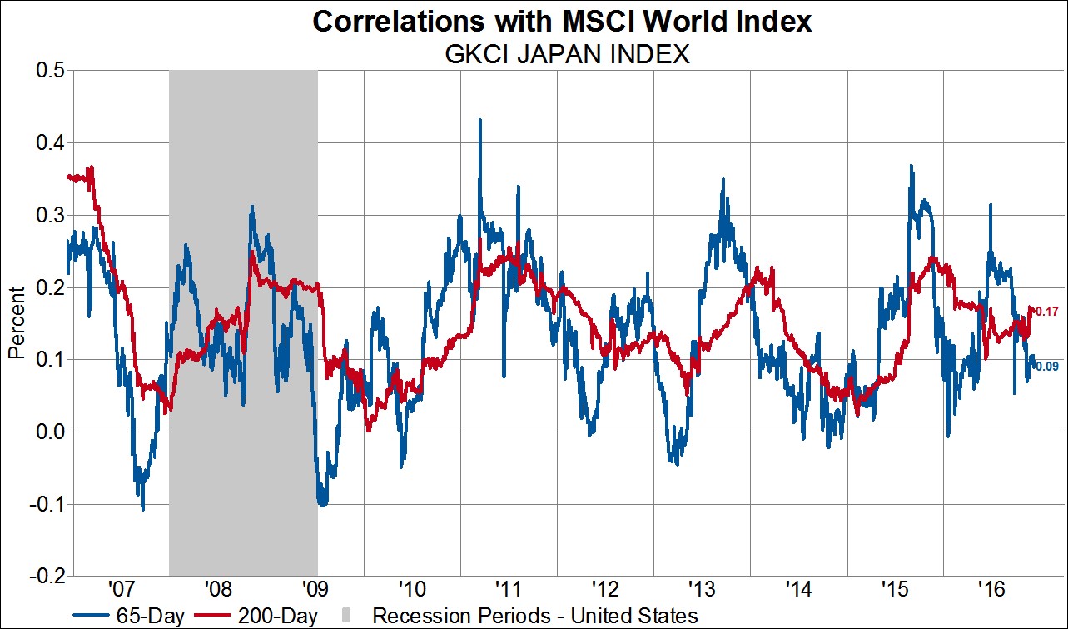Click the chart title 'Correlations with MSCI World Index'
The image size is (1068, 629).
point(561,21)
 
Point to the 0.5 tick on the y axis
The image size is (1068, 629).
point(49,71)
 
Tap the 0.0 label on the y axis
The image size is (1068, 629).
point(49,432)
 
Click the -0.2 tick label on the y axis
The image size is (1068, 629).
point(46,576)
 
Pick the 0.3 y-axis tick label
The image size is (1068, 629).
point(49,215)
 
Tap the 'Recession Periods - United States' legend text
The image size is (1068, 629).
point(534,616)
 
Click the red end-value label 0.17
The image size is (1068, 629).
point(1046,312)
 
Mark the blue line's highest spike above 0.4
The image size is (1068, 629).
point(479,121)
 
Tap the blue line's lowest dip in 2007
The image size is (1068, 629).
point(143,509)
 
